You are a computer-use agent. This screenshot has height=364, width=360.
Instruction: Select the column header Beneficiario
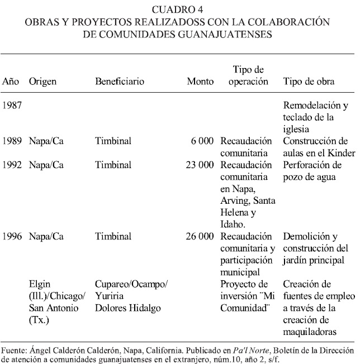click(120, 82)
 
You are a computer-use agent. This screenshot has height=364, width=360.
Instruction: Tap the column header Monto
click(200, 82)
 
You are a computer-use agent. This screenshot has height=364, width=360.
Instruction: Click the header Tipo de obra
click(309, 82)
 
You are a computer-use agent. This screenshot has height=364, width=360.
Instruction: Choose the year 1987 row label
click(12, 106)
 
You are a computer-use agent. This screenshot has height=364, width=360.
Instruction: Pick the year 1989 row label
click(12, 141)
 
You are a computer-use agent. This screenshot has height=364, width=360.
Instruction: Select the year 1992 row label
click(12, 165)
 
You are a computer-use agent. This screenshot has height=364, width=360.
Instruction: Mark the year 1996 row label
click(12, 236)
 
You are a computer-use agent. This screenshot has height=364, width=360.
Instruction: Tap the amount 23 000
click(200, 165)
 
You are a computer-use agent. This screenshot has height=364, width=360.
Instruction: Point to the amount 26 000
click(200, 236)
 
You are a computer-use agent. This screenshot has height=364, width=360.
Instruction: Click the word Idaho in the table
click(233, 224)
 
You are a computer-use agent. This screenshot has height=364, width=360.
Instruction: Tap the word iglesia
click(299, 129)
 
